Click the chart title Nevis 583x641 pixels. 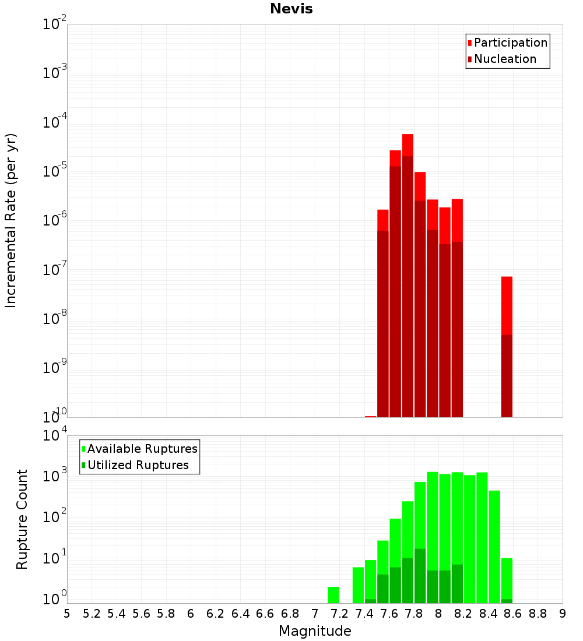point(291,9)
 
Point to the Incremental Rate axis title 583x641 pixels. point(11,220)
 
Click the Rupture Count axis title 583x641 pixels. point(22,519)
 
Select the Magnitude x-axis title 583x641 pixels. point(315,631)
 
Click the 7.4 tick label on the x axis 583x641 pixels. point(364,614)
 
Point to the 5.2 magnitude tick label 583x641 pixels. point(92,614)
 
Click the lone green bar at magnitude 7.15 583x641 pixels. point(333,594)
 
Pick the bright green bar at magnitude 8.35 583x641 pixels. point(482,536)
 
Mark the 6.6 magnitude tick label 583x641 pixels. point(265,614)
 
